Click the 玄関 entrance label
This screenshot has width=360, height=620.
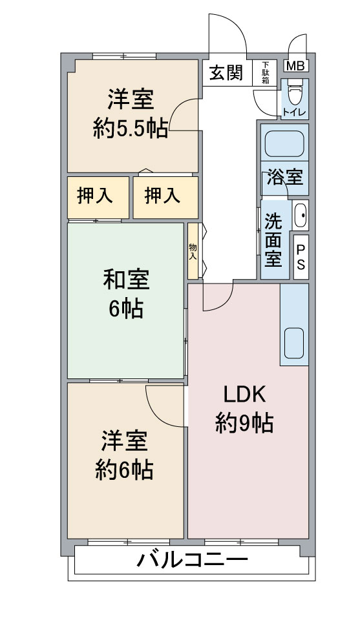coord(226,73)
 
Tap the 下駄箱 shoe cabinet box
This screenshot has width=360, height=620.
coord(264,73)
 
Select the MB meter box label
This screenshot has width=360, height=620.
coord(295,66)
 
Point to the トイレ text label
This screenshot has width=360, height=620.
coord(294,112)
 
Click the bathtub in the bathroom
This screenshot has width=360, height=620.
coord(284,144)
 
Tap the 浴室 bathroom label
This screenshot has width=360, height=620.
coord(285,177)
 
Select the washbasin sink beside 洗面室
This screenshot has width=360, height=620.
coord(300,215)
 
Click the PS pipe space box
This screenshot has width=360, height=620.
coord(301,257)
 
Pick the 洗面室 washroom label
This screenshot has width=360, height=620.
coord(273,240)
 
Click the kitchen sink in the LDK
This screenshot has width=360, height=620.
coord(294,343)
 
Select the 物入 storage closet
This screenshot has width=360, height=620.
coord(193,251)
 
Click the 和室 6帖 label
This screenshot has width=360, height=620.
coord(126,294)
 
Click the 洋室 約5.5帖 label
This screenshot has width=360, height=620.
coord(131,114)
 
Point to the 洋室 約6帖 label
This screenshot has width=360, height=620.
coord(124,455)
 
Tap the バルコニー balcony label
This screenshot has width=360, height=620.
coord(192,560)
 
